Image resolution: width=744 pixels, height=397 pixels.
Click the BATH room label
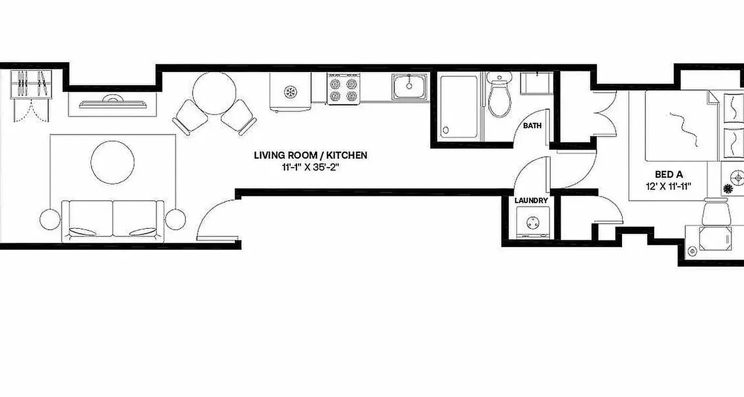pos(532,126)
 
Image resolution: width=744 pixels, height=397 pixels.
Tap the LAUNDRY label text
pos(531,200)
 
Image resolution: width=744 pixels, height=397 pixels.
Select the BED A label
pos(668,175)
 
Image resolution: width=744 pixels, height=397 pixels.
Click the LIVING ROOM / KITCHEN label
pos(310,155)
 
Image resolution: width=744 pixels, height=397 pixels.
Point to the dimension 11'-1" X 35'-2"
pos(310,167)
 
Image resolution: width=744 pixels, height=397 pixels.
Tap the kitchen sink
pos(410,86)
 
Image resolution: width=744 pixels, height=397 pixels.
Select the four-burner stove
pos(343,89)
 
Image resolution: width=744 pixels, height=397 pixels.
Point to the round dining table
pos(214,93)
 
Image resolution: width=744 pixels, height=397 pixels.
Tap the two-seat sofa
pos(113,221)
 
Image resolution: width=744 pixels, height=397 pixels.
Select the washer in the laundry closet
pos(533,223)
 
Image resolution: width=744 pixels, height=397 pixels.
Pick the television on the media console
pos(113,103)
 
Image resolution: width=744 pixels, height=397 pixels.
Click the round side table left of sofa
pos(50,218)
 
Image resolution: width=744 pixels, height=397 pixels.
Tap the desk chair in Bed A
pos(716,212)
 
